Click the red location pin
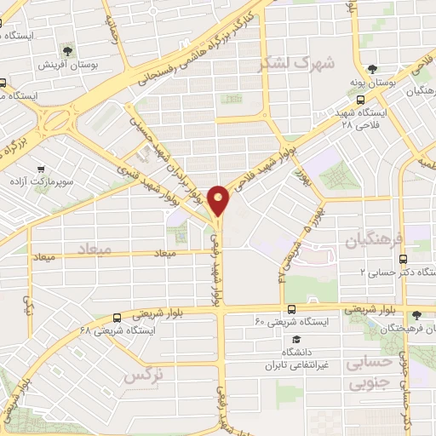point(220,199)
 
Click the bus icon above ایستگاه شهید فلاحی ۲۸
point(361,100)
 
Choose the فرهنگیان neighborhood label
point(374,242)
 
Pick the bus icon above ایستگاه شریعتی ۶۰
point(292,308)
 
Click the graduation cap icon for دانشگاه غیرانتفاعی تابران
point(295,339)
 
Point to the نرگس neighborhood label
point(144,373)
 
